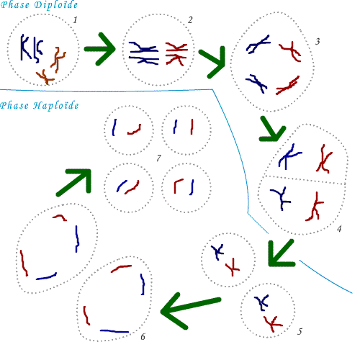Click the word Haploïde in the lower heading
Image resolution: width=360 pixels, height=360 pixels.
55,106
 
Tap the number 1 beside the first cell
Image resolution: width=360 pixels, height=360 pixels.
75,20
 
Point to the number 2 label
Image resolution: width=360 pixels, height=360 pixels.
190,20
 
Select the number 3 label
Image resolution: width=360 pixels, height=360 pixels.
318,42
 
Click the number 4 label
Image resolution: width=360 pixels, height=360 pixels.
339,229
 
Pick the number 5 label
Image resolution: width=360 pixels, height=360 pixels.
300,332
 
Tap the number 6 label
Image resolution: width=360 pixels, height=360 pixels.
143,337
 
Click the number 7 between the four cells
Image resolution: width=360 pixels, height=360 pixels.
158,158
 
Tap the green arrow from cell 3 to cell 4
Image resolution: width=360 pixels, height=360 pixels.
272,130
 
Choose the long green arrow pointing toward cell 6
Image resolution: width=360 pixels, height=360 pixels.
189,310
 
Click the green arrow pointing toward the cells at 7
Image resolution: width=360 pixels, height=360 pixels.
74,182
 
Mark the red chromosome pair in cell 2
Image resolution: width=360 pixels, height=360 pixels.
176,53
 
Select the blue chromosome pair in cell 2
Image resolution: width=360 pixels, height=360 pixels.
143,53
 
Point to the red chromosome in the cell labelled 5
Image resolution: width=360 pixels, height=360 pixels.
272,324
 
